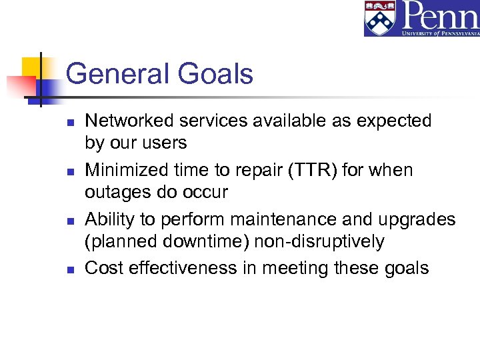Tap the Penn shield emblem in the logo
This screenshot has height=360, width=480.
pos(381,18)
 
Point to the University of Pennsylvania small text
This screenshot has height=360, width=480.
pos(439,32)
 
